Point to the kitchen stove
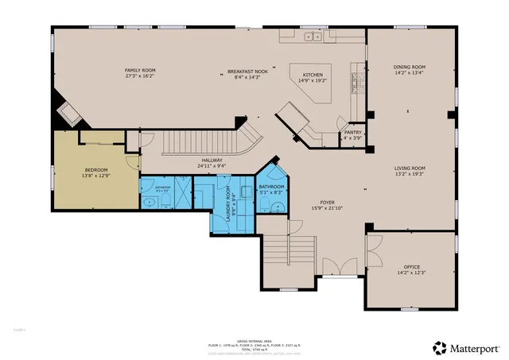click(x=356, y=80)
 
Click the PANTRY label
click(x=352, y=133)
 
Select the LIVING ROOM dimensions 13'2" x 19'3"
click(x=410, y=174)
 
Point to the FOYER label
click(x=326, y=203)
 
